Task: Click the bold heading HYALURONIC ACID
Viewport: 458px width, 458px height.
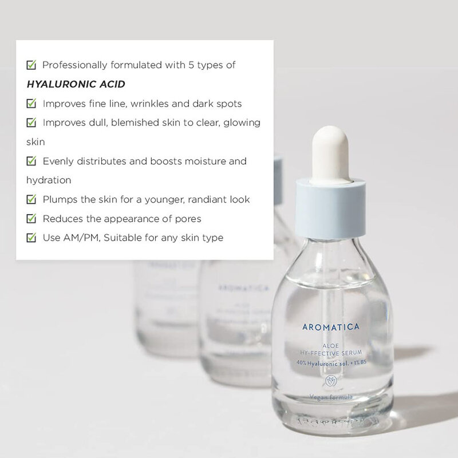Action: [76, 84]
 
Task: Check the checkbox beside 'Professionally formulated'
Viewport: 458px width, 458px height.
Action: [32, 65]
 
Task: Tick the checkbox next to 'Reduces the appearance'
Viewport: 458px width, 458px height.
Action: [32, 218]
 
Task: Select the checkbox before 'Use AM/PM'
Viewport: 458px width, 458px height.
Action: [32, 237]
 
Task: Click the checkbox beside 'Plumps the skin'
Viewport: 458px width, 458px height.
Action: [32, 199]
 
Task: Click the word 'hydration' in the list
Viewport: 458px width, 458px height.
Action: [49, 180]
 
